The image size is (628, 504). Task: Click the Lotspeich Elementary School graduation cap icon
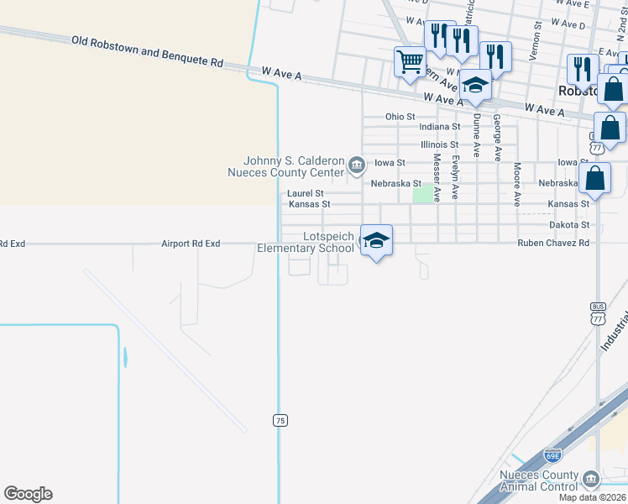[x=376, y=241]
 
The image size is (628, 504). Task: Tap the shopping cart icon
[x=410, y=62]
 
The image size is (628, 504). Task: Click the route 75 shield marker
[x=280, y=419]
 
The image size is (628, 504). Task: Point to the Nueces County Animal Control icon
[x=591, y=479]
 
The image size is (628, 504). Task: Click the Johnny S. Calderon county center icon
[x=357, y=163]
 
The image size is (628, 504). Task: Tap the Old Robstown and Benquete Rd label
[x=147, y=51]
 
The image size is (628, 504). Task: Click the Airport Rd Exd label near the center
[x=191, y=244]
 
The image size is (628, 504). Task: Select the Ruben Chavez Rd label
[x=553, y=243]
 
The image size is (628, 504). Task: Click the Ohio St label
[x=400, y=116]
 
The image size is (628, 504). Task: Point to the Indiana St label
[x=439, y=127]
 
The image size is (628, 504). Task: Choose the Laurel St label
[x=306, y=193]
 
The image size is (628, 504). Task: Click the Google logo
[x=29, y=494]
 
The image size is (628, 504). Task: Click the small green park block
[x=423, y=194]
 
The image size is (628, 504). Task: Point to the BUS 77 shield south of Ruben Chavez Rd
[x=598, y=316]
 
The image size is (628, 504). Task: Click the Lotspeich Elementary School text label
[x=306, y=243]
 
